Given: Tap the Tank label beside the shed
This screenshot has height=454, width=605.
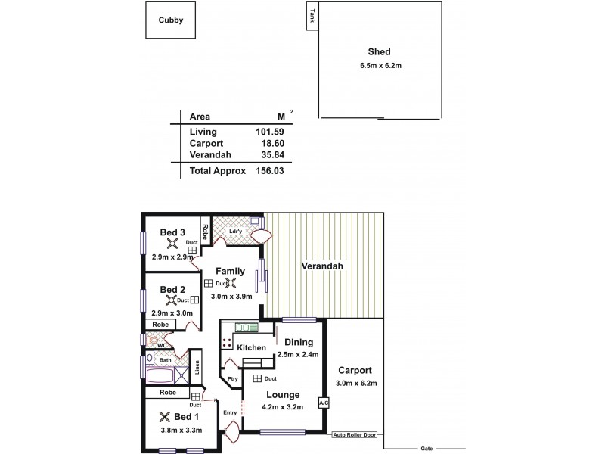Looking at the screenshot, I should [312, 14].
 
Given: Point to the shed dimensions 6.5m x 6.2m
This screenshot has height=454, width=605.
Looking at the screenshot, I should [379, 65].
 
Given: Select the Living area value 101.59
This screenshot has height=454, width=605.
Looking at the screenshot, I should [270, 132].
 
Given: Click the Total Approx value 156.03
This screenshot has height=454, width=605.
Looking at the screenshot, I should [270, 171].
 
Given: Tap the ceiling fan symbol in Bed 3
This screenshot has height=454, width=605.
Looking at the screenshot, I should [172, 244].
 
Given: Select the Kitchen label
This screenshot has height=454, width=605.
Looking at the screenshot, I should [251, 348].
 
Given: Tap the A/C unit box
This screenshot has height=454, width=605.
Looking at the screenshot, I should [323, 403].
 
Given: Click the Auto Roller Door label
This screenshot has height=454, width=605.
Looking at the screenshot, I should [355, 435].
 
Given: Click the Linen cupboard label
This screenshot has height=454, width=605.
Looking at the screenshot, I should [197, 366].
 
